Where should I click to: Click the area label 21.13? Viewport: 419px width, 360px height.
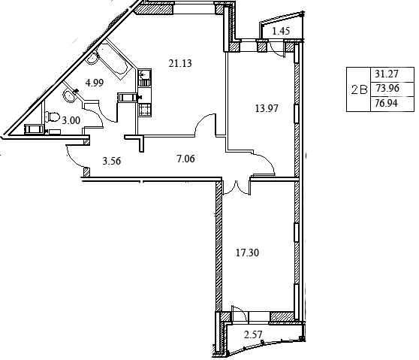[x=180, y=63]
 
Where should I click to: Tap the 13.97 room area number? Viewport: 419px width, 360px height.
[x=267, y=108]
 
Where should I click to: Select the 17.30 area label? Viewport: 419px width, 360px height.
[x=248, y=253]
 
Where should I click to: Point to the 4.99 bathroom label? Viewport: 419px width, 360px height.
[x=95, y=83]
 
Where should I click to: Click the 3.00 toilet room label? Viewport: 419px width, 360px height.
[x=71, y=120]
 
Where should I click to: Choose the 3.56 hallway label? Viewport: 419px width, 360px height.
[x=112, y=161]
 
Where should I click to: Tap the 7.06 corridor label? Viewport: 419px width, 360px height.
[x=185, y=159]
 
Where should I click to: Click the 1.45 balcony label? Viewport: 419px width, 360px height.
[x=281, y=31]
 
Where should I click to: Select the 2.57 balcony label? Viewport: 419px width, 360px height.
[x=253, y=334]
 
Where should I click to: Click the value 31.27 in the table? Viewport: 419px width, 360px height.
[x=387, y=74]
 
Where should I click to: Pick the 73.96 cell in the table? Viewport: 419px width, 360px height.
[x=387, y=88]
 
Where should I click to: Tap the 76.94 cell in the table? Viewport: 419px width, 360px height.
[x=387, y=103]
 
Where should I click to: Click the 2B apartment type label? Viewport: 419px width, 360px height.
[x=359, y=90]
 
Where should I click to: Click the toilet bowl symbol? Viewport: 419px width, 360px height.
[x=53, y=116]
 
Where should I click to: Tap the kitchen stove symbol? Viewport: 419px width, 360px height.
[x=145, y=110]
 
